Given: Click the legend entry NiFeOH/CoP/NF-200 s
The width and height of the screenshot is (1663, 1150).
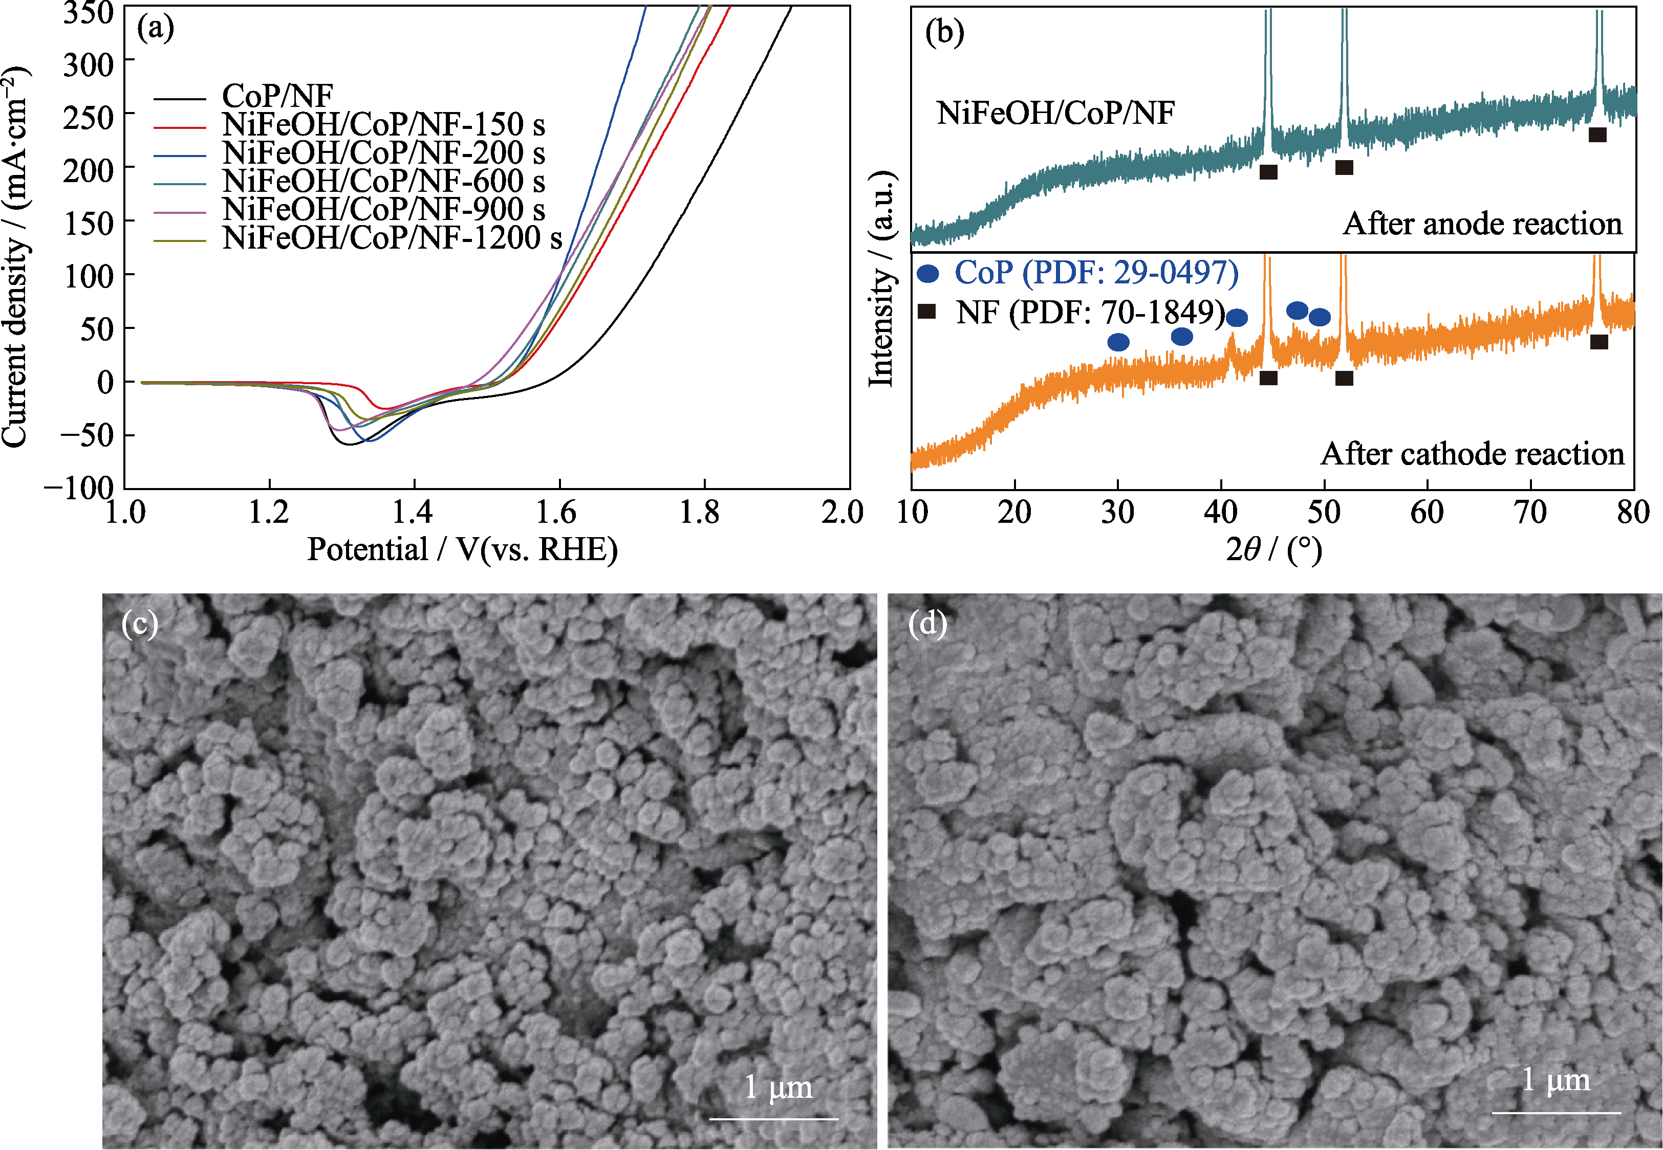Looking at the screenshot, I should click(x=383, y=153).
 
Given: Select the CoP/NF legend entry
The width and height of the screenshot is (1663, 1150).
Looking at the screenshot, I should click(x=277, y=96).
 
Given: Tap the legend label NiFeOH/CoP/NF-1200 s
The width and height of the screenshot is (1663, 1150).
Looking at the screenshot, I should click(x=392, y=238).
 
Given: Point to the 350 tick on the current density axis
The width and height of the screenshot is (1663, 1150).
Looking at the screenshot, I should click(x=88, y=13).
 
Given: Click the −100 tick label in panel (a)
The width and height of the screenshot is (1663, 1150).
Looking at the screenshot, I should click(x=79, y=488).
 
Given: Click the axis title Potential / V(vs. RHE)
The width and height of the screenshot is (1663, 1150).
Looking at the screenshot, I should click(x=462, y=550).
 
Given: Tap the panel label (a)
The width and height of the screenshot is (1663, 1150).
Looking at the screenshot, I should click(x=156, y=28).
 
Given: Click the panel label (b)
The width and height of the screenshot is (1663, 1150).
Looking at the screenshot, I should click(x=944, y=32).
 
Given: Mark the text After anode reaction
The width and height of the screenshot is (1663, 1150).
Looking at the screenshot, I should click(x=1482, y=224).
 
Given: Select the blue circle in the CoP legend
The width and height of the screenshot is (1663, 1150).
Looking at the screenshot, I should click(x=928, y=274).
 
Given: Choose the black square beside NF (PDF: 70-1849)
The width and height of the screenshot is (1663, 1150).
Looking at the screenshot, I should click(x=927, y=311).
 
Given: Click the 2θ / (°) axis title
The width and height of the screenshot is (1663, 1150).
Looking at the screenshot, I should click(x=1274, y=550).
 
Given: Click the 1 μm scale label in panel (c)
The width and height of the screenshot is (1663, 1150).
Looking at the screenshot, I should click(x=778, y=1087).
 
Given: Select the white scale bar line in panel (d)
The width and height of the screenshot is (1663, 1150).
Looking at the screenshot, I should click(x=1557, y=1113).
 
